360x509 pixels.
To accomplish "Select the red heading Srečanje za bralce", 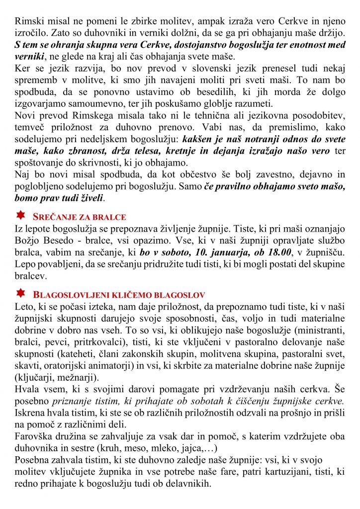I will pyautogui.click(x=79, y=217).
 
